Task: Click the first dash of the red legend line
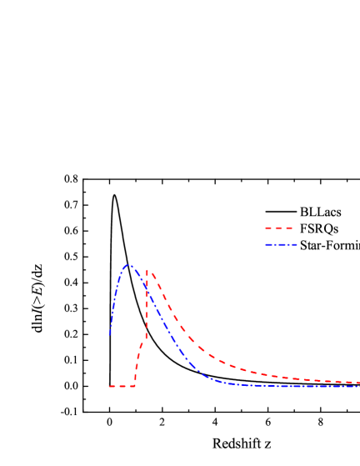point(268,228)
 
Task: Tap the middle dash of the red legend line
point(278,228)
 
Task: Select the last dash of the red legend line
point(288,228)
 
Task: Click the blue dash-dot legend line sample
point(281,245)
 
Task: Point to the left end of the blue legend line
point(266,245)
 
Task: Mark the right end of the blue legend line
point(297,245)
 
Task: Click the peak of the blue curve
point(128,266)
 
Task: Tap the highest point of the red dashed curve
point(147,270)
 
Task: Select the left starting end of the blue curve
point(110,335)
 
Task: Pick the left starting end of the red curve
point(110,387)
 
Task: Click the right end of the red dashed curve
point(358,383)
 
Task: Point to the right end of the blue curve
point(358,386)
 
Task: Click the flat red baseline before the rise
point(122,387)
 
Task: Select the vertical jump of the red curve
point(147,308)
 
